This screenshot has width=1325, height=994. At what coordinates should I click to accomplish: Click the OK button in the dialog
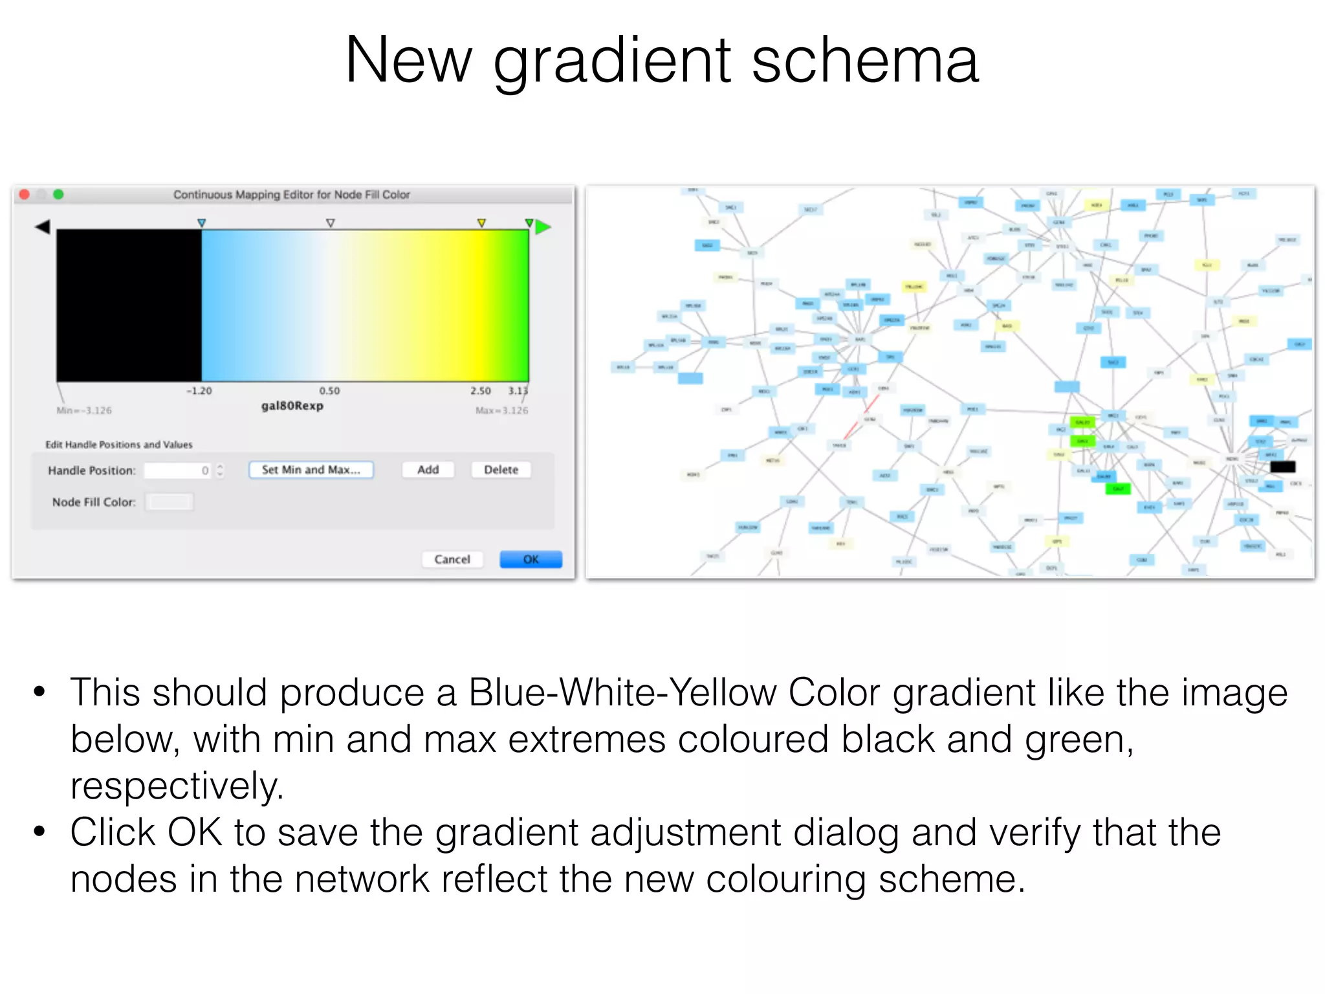(x=531, y=559)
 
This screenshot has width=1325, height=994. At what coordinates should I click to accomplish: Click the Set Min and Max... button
(x=311, y=470)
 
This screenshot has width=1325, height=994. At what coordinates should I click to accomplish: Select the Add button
(x=428, y=470)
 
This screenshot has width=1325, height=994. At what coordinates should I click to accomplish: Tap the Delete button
(x=501, y=470)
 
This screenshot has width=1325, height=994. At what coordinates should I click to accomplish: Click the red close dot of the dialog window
(x=25, y=194)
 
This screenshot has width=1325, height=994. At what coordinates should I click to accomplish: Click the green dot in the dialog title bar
(x=58, y=194)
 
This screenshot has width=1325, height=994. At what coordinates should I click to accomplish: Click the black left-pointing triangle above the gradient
(x=43, y=226)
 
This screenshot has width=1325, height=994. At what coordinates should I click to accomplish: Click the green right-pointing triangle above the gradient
(x=543, y=226)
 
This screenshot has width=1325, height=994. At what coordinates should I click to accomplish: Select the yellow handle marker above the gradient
(x=481, y=223)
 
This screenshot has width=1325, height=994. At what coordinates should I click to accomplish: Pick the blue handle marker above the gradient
(x=201, y=223)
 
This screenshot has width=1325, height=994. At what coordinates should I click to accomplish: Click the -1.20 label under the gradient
(x=199, y=391)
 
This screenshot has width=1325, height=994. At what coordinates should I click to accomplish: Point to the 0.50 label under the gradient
(x=329, y=391)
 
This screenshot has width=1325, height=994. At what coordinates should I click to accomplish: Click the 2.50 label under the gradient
(x=480, y=391)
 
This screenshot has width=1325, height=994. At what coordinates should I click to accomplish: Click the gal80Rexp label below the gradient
(x=292, y=406)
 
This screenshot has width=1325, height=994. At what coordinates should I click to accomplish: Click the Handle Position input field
(x=178, y=470)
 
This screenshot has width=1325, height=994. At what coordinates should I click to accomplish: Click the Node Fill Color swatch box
(x=169, y=502)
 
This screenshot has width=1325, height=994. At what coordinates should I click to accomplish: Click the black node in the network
(x=1282, y=467)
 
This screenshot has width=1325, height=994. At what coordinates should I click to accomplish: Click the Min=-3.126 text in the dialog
(x=84, y=410)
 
